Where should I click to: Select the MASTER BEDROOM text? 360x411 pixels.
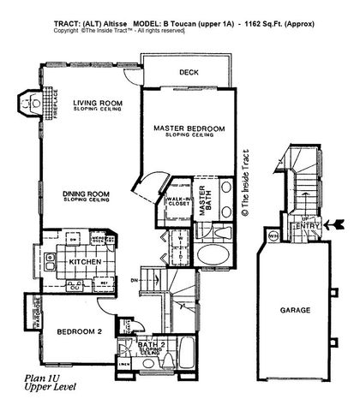[x=189, y=128]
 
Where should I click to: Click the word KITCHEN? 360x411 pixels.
[x=87, y=261]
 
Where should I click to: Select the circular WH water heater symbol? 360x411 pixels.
[x=273, y=234]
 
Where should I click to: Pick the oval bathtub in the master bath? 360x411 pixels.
[x=210, y=256]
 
